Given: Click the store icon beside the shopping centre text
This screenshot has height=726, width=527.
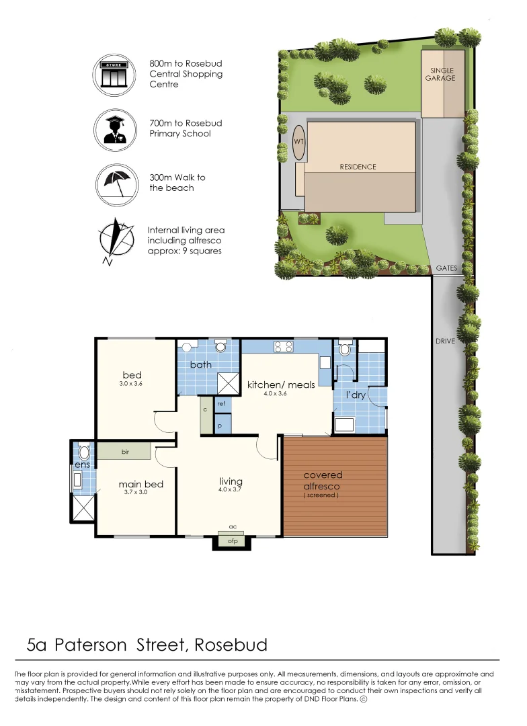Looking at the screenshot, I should click(112, 74).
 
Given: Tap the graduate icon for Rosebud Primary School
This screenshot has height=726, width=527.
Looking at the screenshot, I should click(112, 129).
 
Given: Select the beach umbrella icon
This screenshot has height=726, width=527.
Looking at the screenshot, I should click(112, 182).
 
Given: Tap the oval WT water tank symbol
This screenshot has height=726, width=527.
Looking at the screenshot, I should click(298, 143).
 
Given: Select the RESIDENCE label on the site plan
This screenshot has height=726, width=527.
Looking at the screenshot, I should click(358, 167).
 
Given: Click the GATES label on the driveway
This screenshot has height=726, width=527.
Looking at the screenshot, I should click(446, 268).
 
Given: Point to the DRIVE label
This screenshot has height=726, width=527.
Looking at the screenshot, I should click(445, 341).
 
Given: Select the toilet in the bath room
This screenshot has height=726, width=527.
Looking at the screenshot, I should click(220, 347).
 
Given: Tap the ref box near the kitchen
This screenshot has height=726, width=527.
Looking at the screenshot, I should click(221, 404).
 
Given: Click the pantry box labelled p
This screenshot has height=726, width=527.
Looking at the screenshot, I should click(221, 426).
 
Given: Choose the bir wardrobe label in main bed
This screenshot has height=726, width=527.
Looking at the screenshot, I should click(125, 452).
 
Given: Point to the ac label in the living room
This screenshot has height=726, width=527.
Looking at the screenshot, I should click(233, 527).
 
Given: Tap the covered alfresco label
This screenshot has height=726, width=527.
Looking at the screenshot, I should click(323, 481).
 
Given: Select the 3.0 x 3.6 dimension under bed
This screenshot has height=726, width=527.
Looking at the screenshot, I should click(131, 384).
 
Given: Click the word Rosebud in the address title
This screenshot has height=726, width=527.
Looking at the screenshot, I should click(231, 645).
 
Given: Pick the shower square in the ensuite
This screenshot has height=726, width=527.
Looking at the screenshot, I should click(83, 508).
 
